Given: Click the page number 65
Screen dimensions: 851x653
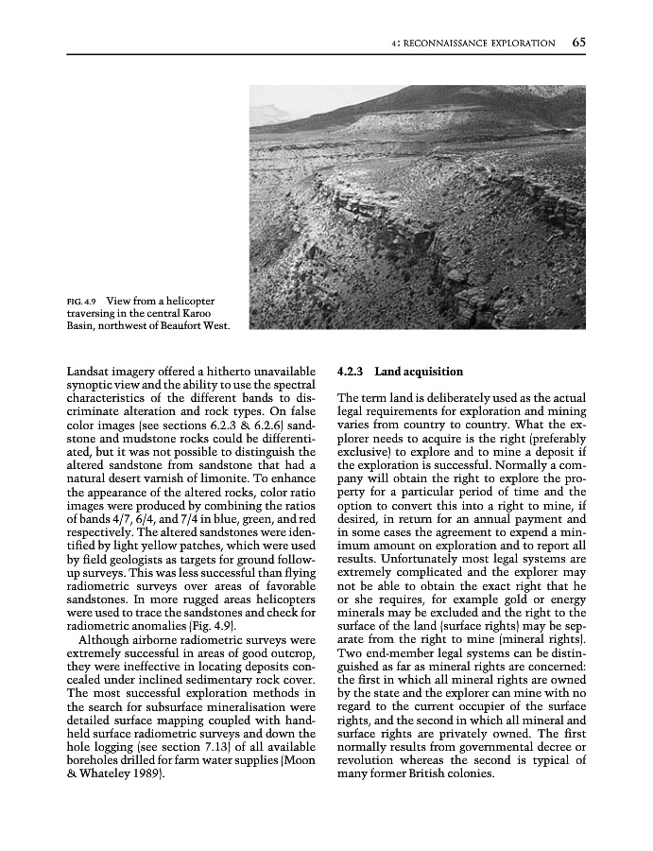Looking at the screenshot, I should pyautogui.click(x=578, y=43).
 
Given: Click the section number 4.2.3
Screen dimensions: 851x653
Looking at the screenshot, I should pyautogui.click(x=352, y=372).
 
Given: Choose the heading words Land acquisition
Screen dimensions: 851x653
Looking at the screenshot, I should pyautogui.click(x=419, y=372).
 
